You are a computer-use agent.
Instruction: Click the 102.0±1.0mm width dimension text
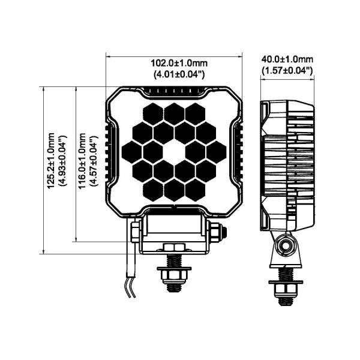pos(179,63)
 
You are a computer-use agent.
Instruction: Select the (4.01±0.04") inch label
pos(179,74)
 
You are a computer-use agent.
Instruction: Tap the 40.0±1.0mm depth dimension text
pos(287,59)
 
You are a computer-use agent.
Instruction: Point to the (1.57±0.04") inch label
pos(287,70)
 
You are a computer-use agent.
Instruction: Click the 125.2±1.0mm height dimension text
pos(51,161)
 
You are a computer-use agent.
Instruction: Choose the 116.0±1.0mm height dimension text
pos(82,161)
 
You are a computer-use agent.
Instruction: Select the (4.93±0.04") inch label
pos(62,161)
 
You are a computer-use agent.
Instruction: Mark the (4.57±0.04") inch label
pos(94,161)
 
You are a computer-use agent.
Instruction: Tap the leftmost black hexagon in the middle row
pos(131,152)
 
